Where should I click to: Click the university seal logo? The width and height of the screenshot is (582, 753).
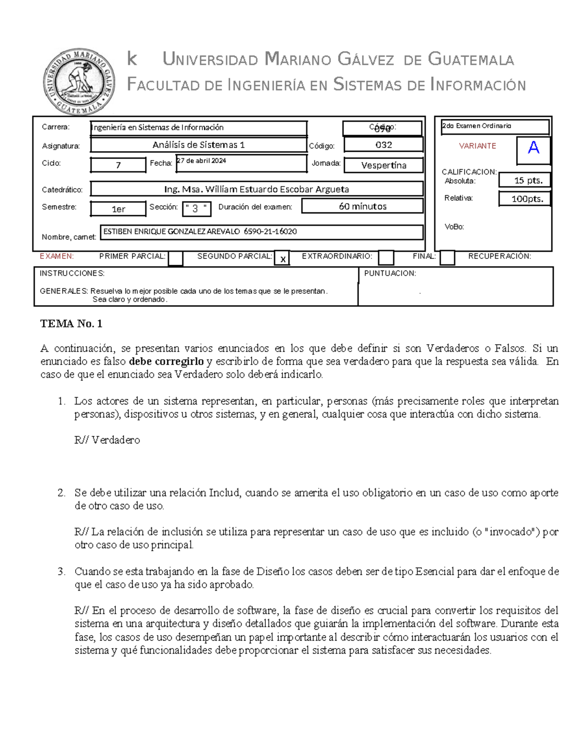80,81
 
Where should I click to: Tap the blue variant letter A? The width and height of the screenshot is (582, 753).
533,147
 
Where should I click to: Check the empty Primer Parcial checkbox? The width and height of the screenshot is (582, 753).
176,258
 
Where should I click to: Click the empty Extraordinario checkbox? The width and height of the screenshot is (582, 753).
386,258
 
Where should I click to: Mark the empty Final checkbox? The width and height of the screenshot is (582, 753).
447,258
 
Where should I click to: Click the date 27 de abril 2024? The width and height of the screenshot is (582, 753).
201,161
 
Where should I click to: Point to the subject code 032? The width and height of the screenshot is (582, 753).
384,145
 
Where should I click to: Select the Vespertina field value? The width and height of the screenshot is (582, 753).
384,165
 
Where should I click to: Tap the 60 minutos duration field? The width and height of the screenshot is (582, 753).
362,207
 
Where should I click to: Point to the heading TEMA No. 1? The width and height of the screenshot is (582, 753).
71,324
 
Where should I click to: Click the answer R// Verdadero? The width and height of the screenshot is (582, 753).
107,440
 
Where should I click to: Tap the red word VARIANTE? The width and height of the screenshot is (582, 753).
477,146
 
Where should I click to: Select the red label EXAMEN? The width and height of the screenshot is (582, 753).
57,256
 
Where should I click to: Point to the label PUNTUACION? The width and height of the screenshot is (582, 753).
390,273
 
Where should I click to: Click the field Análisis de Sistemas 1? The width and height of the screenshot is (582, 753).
198,145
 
